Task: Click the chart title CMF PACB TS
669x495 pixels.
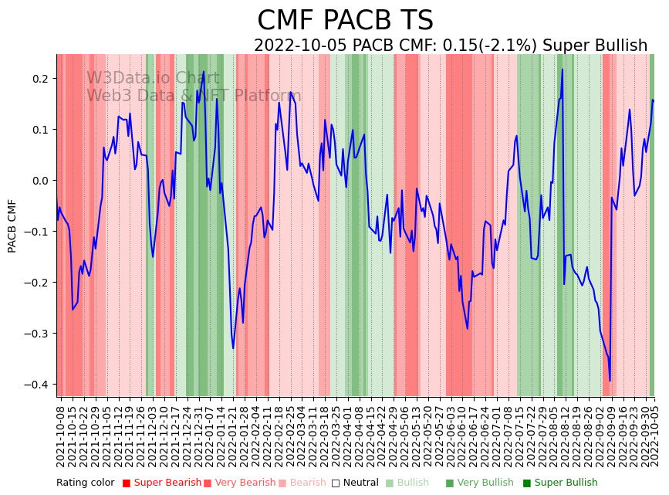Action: click(345, 21)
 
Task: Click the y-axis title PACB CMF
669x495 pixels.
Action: click(12, 225)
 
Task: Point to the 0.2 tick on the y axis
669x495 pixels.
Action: click(39, 79)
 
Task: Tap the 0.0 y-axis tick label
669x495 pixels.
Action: click(39, 181)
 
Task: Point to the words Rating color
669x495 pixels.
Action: click(85, 483)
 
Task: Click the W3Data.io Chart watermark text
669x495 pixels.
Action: click(153, 79)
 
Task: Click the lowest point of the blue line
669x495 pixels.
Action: click(610, 381)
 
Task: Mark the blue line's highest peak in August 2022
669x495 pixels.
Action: click(563, 70)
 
